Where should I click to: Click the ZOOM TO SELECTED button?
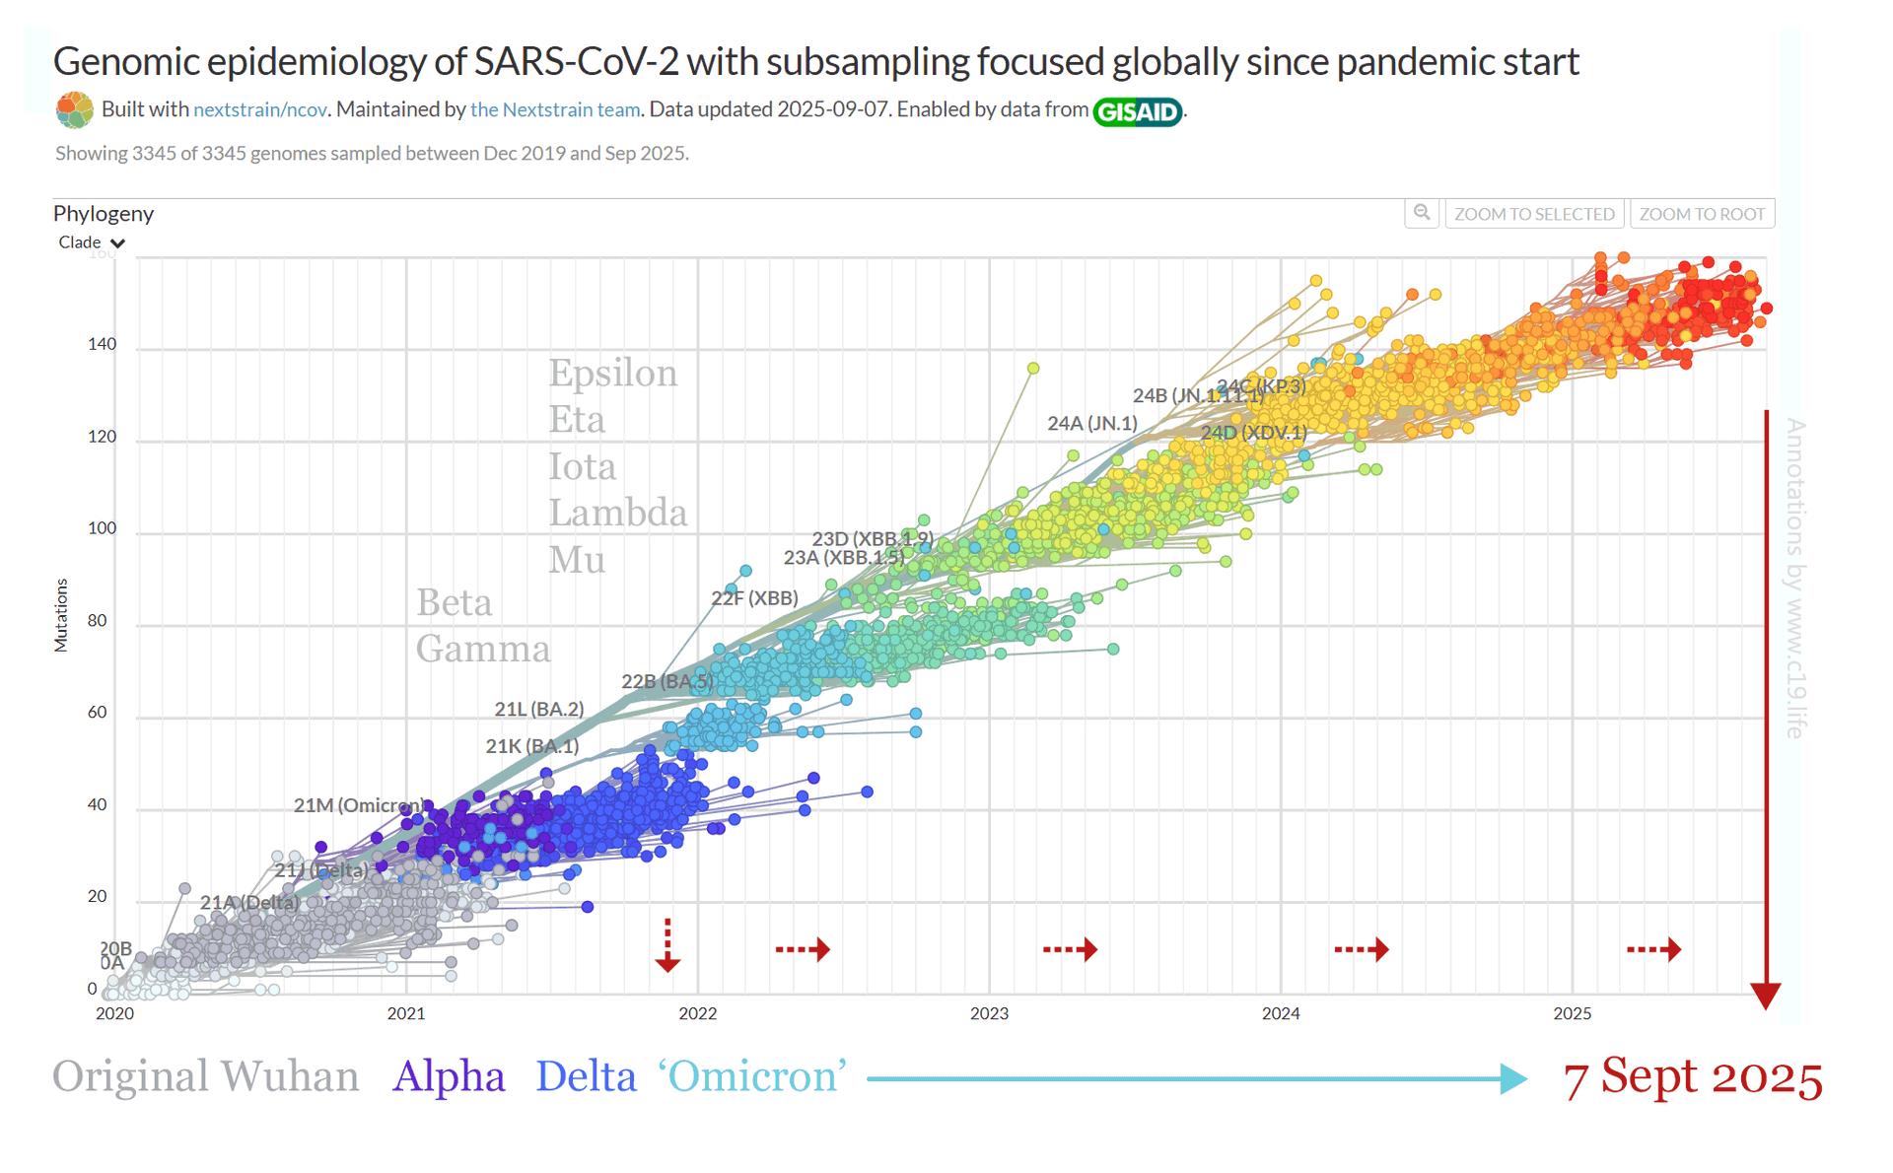(x=1534, y=214)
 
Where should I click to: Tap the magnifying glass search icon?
(x=1422, y=213)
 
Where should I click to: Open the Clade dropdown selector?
(x=91, y=242)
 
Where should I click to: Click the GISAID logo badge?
(x=1137, y=111)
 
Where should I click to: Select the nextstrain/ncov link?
(x=260, y=109)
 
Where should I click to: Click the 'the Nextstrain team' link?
(x=555, y=109)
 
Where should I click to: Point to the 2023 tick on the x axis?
(x=989, y=1013)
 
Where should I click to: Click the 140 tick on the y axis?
(x=102, y=344)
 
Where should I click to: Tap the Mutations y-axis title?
(x=61, y=615)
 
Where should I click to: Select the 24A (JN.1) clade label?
(x=1091, y=424)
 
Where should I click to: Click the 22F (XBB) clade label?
(x=754, y=597)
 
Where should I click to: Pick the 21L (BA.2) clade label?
(x=538, y=709)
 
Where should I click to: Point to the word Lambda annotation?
(x=617, y=513)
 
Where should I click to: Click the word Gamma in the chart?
(x=482, y=649)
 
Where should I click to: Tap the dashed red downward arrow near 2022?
(x=667, y=945)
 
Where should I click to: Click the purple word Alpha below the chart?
(x=449, y=1076)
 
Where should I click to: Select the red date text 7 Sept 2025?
(x=1692, y=1077)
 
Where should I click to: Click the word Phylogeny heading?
(x=104, y=213)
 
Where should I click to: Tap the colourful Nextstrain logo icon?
(x=75, y=109)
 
